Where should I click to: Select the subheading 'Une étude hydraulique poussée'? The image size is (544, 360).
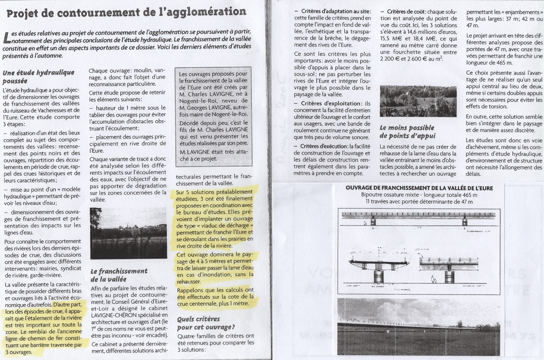[39, 77]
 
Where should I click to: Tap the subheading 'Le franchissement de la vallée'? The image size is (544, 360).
[119, 275]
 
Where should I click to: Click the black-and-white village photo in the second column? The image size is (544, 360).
[128, 233]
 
